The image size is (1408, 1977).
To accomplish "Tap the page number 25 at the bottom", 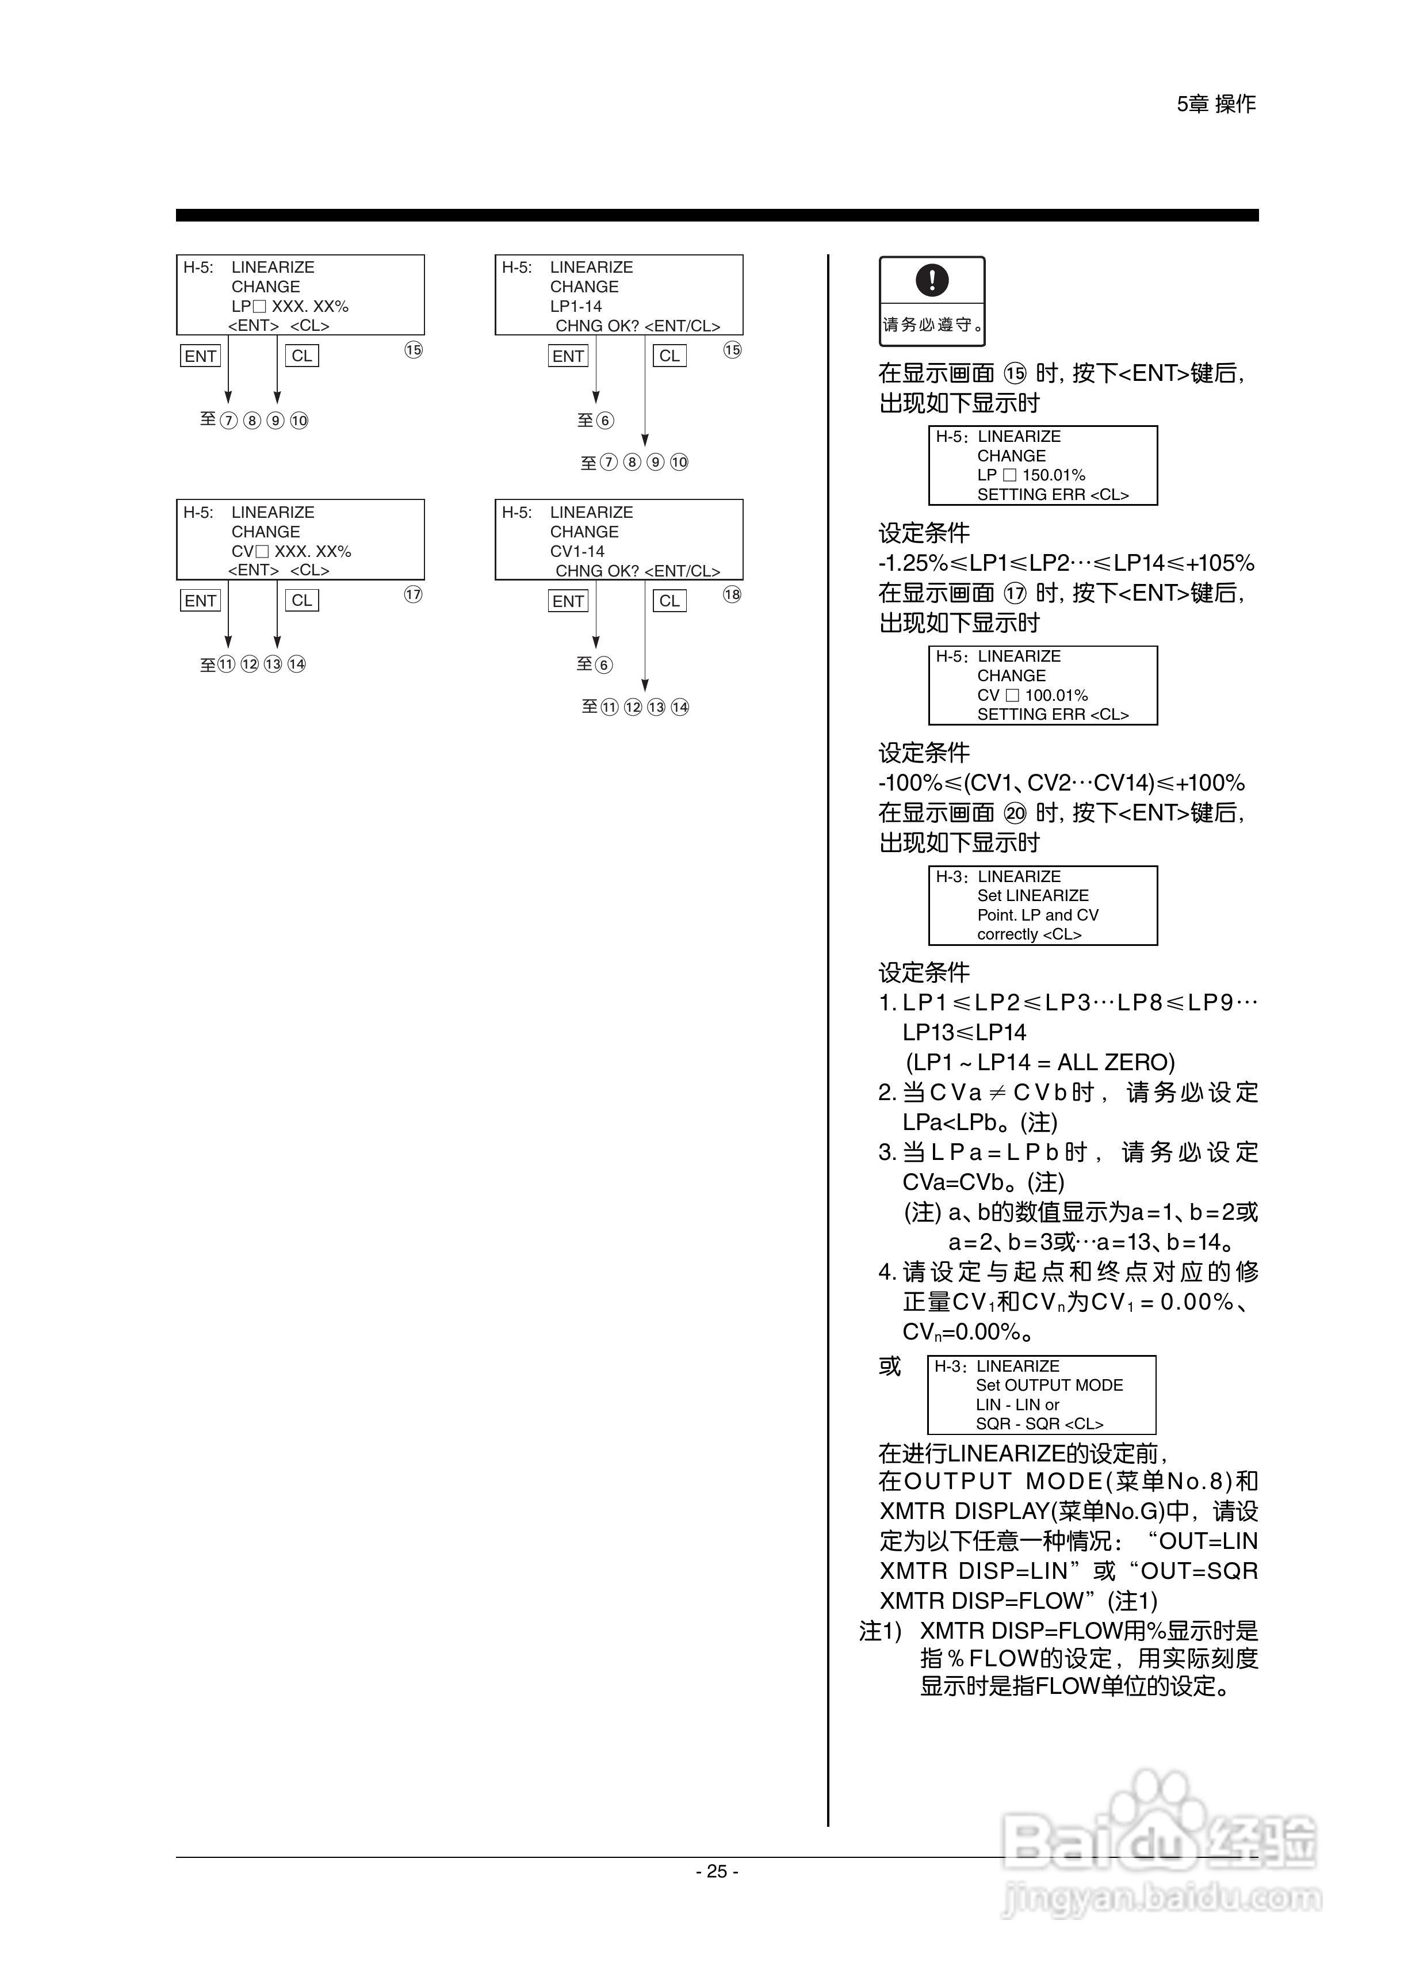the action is coord(717,1871).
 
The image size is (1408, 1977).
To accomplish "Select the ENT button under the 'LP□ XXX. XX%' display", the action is coord(200,356).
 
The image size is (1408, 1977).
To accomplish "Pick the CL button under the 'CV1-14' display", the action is coord(669,601).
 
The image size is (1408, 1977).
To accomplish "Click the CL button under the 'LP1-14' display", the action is coord(669,356).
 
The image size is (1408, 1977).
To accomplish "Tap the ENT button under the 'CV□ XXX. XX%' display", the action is coord(200,600).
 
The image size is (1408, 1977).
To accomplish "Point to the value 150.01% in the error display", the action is coord(1053,475).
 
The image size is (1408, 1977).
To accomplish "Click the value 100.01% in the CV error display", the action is coord(1056,696).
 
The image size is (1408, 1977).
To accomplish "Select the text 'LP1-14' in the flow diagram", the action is coord(576,306).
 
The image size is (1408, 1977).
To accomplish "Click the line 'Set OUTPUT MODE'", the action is coord(1049,1385).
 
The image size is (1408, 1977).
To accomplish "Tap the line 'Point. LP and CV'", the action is coord(1038,915).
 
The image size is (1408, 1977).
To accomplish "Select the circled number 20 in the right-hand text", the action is coord(1015,812).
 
